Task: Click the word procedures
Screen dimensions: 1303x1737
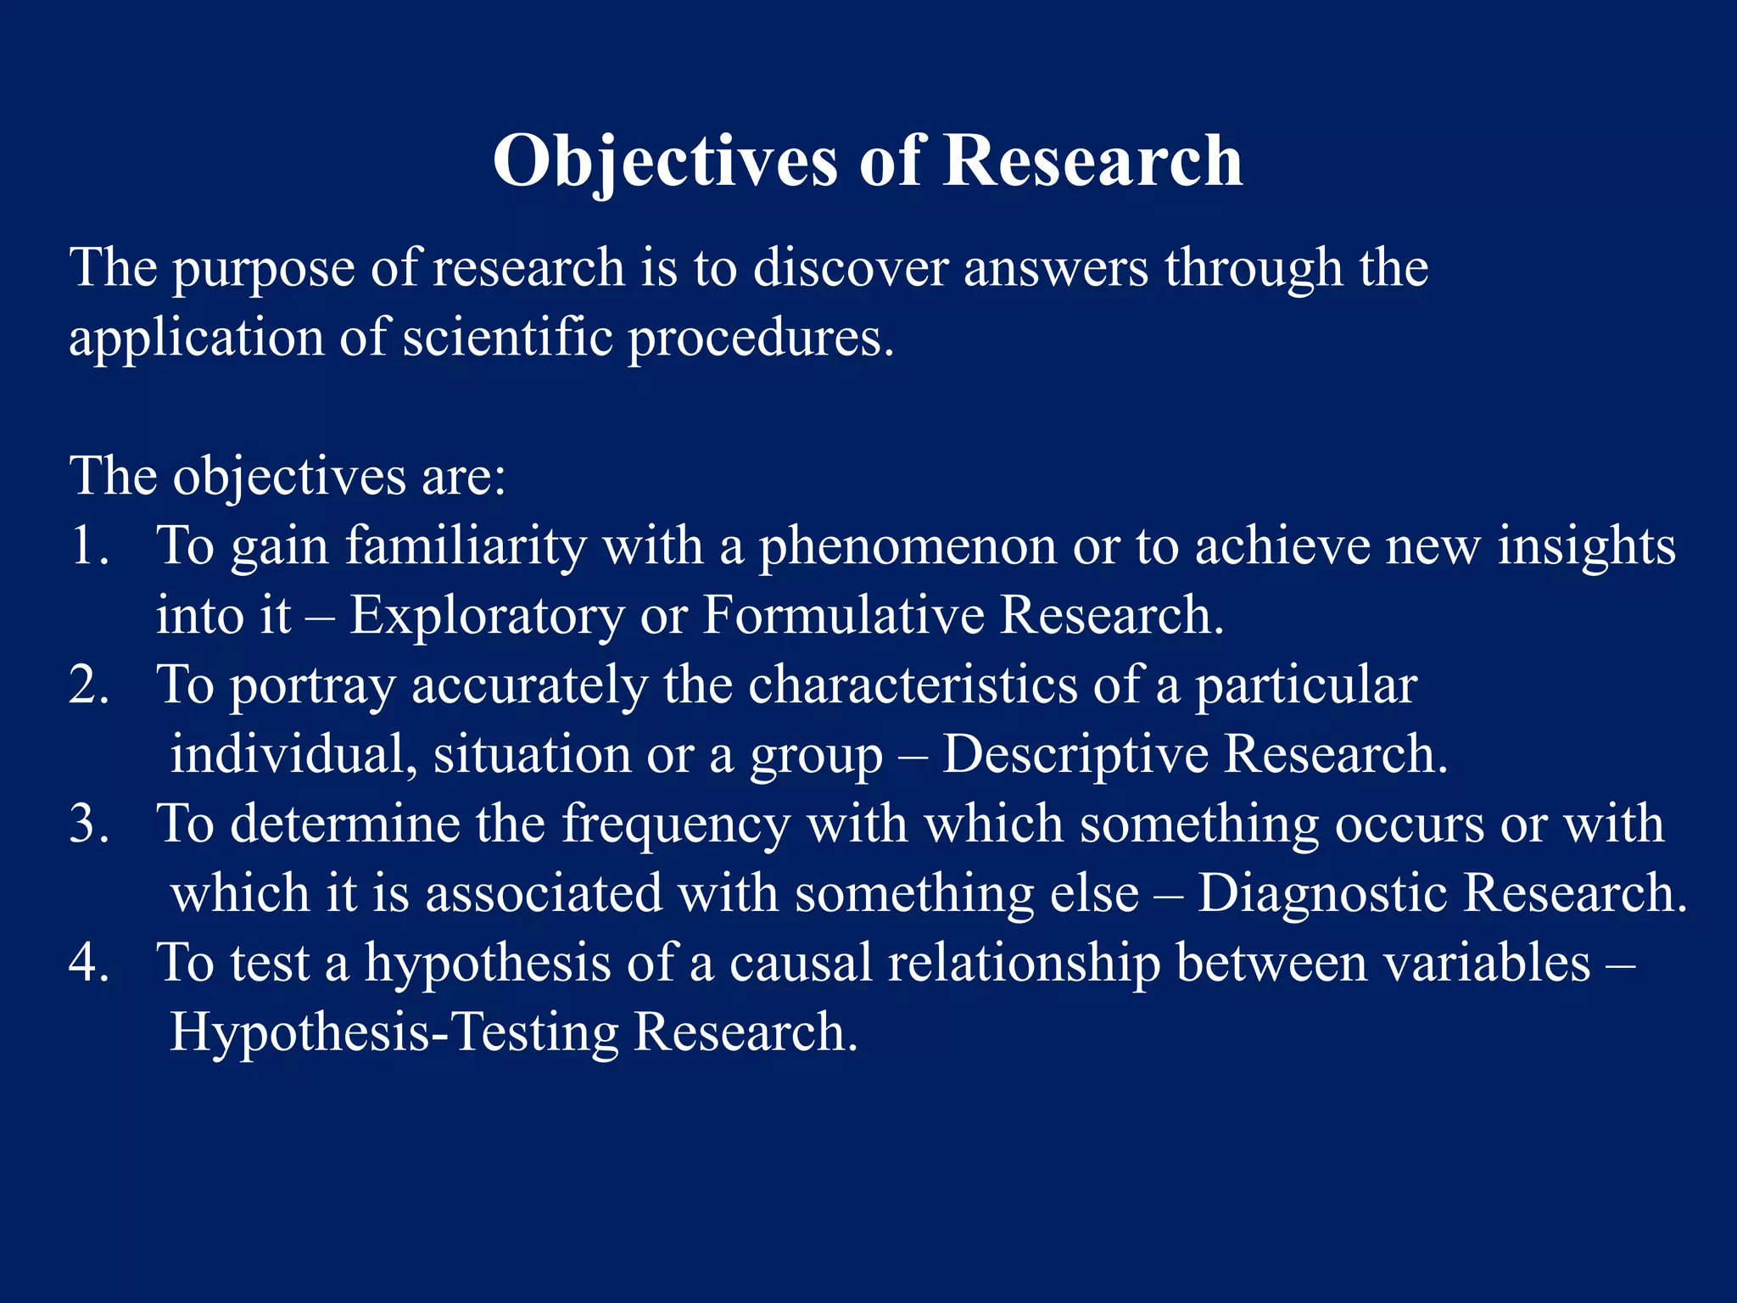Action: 760,338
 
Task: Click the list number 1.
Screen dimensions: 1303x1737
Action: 88,545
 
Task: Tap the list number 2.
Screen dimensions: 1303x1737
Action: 88,685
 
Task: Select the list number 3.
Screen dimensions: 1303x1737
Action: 88,824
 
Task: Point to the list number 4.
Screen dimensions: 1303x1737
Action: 88,963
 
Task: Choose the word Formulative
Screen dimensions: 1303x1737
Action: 843,615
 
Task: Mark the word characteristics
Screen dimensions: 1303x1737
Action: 912,685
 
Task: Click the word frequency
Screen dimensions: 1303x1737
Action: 676,825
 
